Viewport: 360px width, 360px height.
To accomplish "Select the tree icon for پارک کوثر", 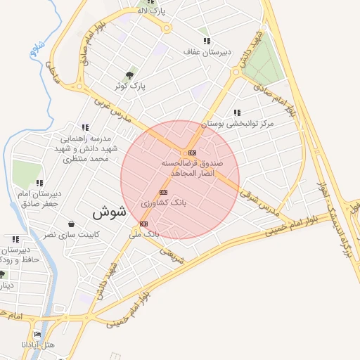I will [129, 75].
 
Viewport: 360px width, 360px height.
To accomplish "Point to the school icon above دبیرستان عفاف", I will [206, 41].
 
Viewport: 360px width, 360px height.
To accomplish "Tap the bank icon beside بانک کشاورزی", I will [164, 192].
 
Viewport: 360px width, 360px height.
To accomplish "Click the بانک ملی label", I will [146, 233].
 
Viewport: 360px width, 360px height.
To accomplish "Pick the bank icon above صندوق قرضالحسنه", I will [192, 153].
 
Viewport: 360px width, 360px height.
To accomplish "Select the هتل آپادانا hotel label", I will [34, 345].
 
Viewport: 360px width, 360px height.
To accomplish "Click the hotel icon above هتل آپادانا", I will [37, 334].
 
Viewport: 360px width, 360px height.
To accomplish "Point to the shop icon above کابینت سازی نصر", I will [71, 224].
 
